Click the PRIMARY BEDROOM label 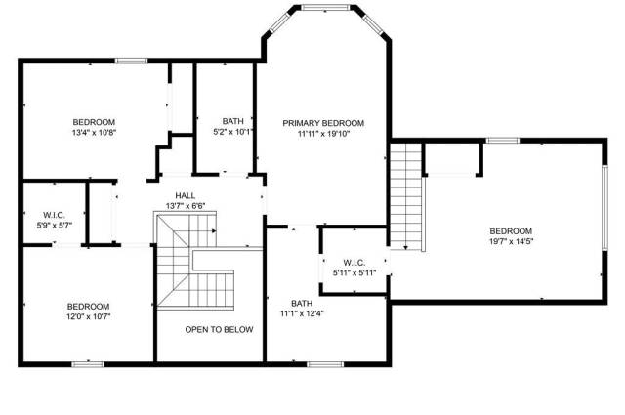click(x=323, y=123)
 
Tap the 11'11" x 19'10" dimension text click(x=323, y=134)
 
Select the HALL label click(x=186, y=195)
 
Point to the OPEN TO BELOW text click(x=219, y=330)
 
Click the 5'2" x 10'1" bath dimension click(x=233, y=132)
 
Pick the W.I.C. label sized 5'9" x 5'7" click(x=55, y=215)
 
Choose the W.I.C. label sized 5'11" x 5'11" click(x=354, y=263)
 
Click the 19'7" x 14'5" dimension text click(x=511, y=241)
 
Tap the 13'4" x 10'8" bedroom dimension click(x=94, y=133)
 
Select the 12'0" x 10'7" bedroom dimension click(x=89, y=317)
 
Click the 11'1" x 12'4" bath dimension click(x=302, y=313)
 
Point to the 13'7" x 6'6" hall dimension click(x=186, y=206)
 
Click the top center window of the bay click(x=325, y=7)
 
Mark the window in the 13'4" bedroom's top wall click(x=131, y=61)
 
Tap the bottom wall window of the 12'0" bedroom click(x=88, y=364)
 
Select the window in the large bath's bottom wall click(x=325, y=364)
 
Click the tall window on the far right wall click(x=604, y=208)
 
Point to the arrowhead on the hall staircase click(x=214, y=230)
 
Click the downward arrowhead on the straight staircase click(x=406, y=248)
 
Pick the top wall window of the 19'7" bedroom click(x=503, y=141)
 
